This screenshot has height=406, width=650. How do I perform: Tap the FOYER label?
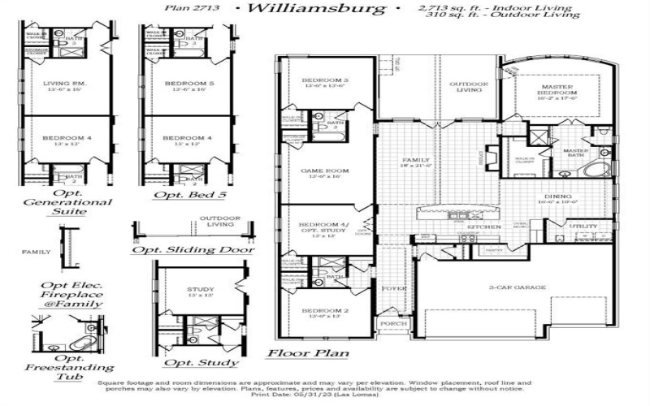pyautogui.click(x=394, y=287)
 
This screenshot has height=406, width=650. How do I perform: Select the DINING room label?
pyautogui.click(x=560, y=197)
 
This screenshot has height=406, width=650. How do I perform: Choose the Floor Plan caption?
pyautogui.click(x=309, y=353)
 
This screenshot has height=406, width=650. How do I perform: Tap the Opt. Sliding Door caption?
pyautogui.click(x=192, y=249)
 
